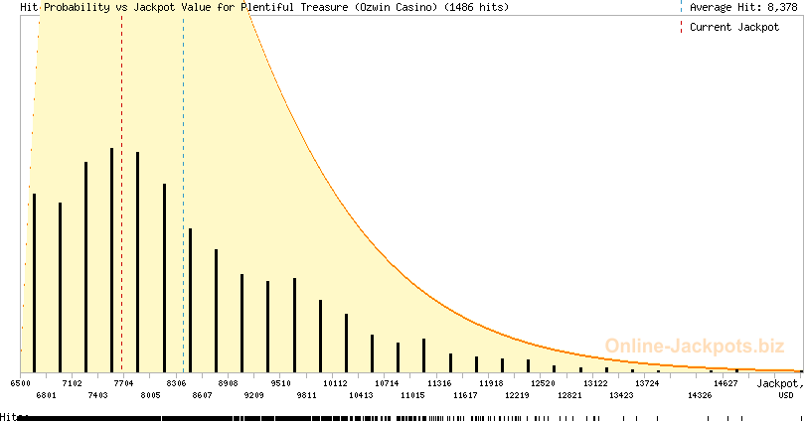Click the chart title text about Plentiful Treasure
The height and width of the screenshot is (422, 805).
(x=264, y=7)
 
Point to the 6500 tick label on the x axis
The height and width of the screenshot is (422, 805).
(x=20, y=382)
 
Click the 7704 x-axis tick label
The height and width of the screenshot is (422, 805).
(x=124, y=382)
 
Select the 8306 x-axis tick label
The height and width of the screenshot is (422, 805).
(x=176, y=382)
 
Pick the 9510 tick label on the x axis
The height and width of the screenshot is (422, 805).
(x=280, y=382)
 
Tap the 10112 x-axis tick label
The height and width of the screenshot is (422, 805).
(x=335, y=382)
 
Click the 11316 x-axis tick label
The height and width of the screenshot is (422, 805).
(x=439, y=382)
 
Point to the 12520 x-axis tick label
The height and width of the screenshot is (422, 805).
(x=543, y=382)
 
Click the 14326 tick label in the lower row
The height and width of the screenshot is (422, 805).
(x=700, y=395)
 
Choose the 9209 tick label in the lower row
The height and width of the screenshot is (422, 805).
(x=254, y=395)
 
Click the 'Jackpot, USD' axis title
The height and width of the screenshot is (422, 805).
(x=777, y=388)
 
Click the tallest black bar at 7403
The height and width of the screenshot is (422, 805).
(x=111, y=258)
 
